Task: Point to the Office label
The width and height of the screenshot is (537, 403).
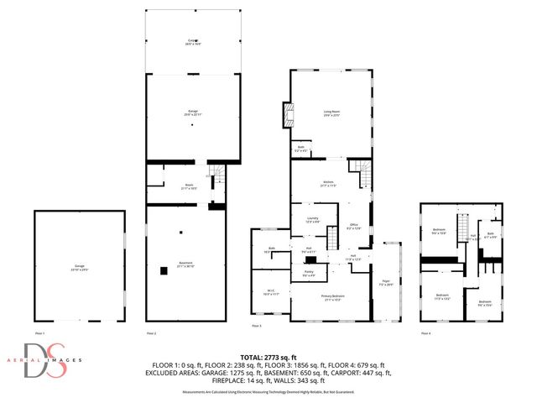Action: [x=354, y=224]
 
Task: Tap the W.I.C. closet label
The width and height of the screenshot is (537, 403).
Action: [x=270, y=293]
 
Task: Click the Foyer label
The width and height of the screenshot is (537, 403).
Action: [x=386, y=283]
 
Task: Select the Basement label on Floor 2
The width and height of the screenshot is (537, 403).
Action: [x=186, y=265]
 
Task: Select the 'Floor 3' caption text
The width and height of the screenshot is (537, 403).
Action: [x=257, y=325]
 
